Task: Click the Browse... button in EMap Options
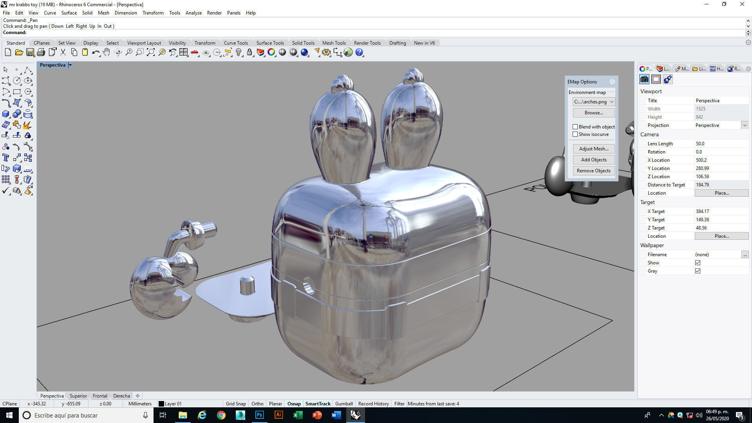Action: (x=593, y=113)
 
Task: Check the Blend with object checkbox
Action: (x=575, y=127)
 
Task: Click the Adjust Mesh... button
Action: (x=593, y=149)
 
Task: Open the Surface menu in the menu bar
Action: (x=69, y=13)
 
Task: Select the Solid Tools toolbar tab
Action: (x=303, y=43)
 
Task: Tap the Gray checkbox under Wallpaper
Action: (x=698, y=271)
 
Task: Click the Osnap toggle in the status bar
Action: (x=294, y=404)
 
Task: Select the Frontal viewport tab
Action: (x=100, y=396)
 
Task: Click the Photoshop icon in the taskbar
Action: (x=259, y=415)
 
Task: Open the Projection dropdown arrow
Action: (x=745, y=125)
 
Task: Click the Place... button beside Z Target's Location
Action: (x=721, y=236)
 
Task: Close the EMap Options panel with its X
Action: (x=612, y=82)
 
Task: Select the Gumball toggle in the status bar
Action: (x=344, y=404)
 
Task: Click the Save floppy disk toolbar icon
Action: (x=30, y=52)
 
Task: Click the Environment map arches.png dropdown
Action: (x=593, y=102)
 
